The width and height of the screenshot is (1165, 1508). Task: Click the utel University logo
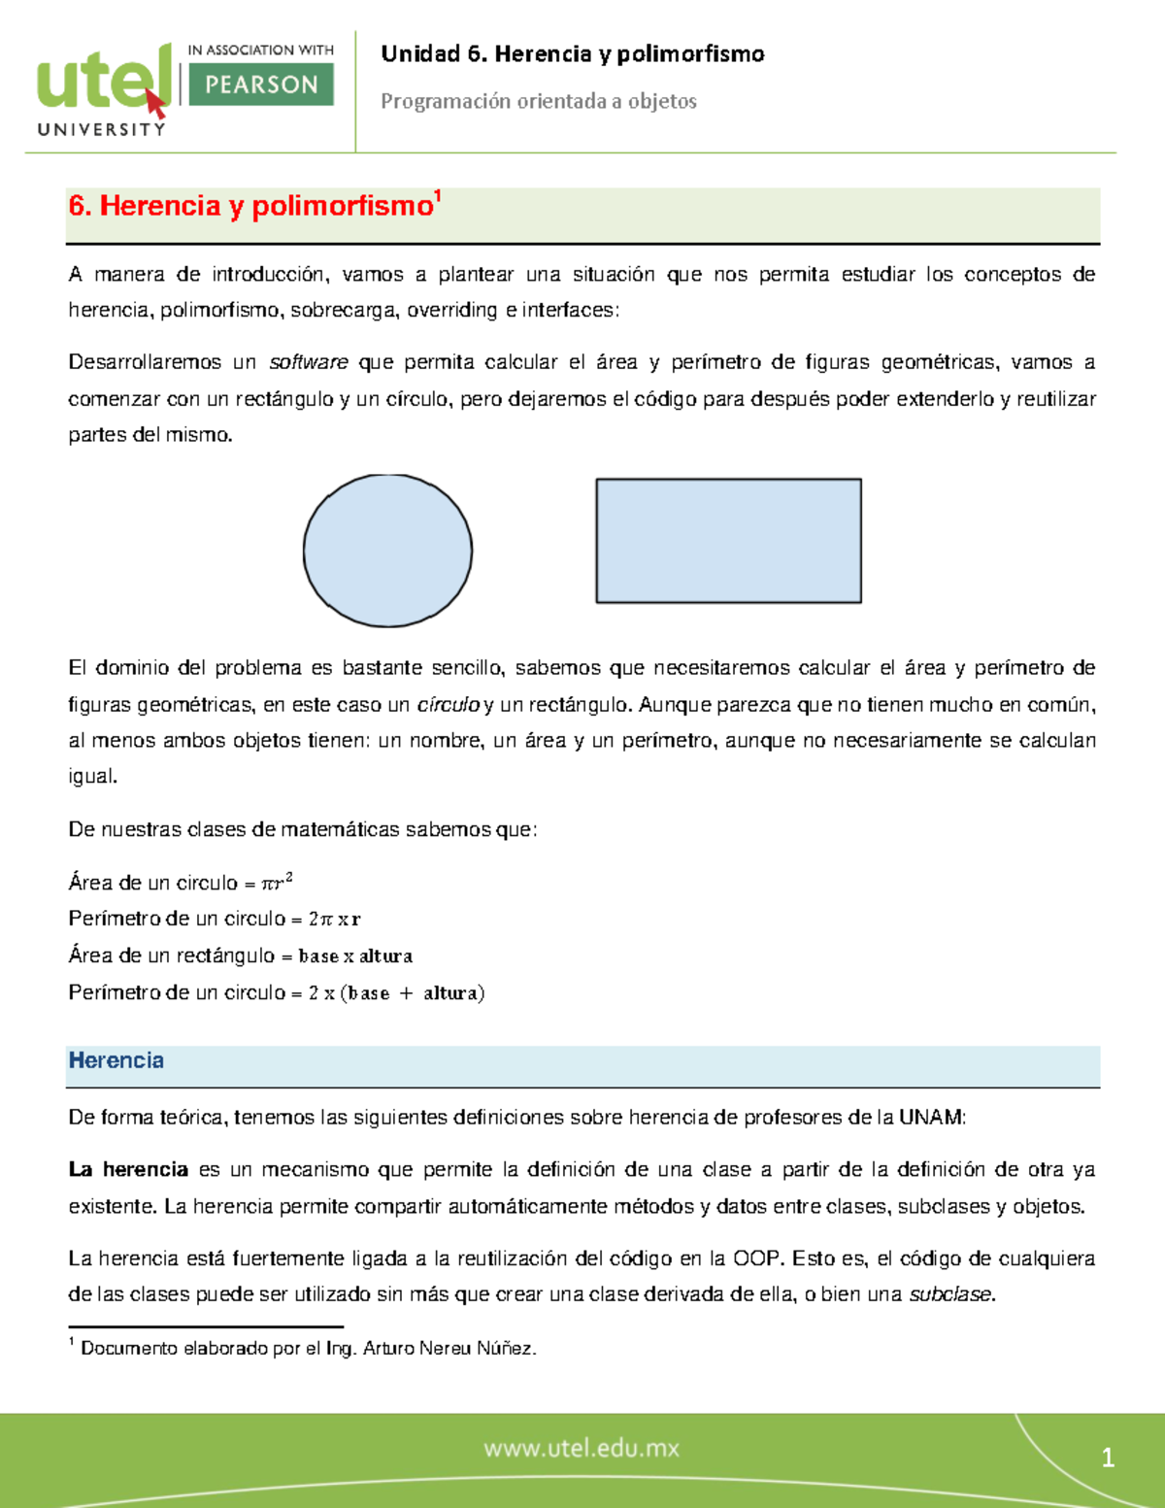click(102, 89)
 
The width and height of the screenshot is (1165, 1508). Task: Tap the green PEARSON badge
click(260, 84)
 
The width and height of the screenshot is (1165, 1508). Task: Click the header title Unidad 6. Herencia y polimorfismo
click(572, 54)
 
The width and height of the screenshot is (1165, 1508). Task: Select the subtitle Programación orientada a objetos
click(538, 101)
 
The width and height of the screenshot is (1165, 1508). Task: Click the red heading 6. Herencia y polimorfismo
click(250, 206)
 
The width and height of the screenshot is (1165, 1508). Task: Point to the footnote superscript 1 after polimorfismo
click(438, 196)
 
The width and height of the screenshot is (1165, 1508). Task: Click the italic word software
click(308, 362)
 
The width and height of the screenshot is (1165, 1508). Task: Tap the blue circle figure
click(387, 551)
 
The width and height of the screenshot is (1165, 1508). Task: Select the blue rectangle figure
click(728, 541)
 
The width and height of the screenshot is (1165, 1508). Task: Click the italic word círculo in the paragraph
click(448, 705)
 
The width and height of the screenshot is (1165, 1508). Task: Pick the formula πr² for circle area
click(277, 883)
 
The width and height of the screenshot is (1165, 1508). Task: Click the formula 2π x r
click(334, 919)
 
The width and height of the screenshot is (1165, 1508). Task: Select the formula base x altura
click(355, 956)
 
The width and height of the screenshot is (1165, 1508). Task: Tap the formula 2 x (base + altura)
click(396, 993)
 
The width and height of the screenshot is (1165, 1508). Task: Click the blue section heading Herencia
click(116, 1060)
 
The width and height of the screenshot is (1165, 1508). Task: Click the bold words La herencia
click(128, 1170)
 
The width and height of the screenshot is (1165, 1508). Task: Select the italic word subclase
click(950, 1294)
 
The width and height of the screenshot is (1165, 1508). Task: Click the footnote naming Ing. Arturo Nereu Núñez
click(308, 1349)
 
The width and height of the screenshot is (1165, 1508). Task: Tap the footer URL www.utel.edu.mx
click(582, 1449)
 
